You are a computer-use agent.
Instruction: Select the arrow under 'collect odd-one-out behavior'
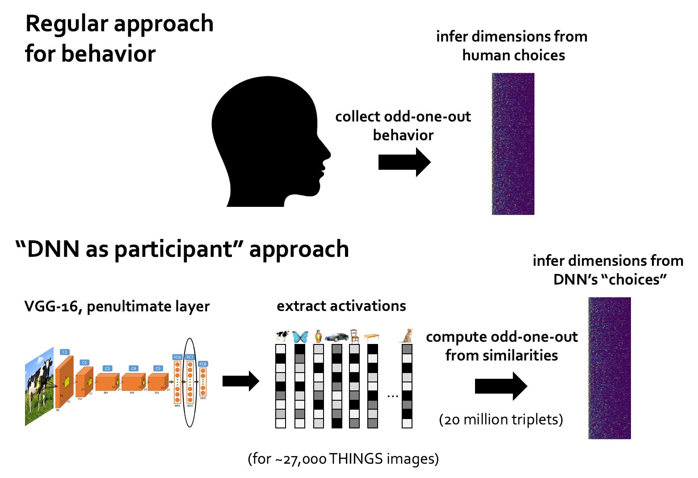tap(404, 162)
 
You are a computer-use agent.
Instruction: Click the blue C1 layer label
tap(65, 352)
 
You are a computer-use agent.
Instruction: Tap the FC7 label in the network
tap(190, 357)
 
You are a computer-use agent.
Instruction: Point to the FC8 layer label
tap(203, 364)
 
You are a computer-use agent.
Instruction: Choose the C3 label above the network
tap(107, 369)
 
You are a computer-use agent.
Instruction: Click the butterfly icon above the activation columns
tap(300, 336)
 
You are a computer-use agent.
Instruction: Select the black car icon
tap(336, 337)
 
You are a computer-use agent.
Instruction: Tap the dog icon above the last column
tap(407, 335)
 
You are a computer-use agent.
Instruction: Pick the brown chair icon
tap(354, 336)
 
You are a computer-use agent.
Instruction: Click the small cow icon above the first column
tap(282, 336)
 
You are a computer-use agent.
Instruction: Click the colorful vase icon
tap(318, 336)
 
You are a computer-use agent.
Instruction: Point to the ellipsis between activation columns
tap(392, 395)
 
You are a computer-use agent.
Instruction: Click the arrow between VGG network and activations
tap(240, 382)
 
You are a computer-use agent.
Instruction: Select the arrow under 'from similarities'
tap(500, 386)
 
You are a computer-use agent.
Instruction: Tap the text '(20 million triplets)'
tap(501, 419)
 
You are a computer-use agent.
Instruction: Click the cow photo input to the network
tap(39, 387)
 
